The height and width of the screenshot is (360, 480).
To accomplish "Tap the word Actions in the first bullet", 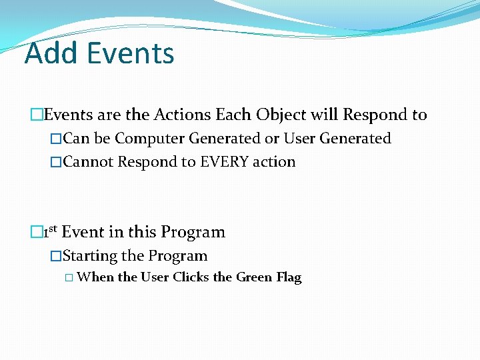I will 182,115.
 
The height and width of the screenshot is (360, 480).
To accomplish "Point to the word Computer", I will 150,139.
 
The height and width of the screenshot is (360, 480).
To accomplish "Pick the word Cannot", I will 89,162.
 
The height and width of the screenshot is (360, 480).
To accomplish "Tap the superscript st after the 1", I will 53,229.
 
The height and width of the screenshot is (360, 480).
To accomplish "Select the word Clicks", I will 191,277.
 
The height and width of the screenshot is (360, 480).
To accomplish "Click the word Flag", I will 289,277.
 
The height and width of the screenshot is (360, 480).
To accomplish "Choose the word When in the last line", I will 95,277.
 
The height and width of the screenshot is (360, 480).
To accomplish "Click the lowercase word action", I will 273,162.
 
